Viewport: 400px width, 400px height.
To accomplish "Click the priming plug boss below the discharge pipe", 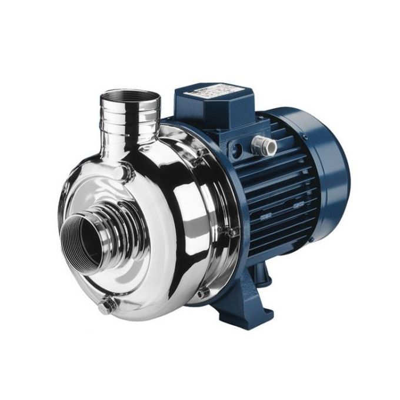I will (x=121, y=172).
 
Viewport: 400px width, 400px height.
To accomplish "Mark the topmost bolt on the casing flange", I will (x=200, y=152).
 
